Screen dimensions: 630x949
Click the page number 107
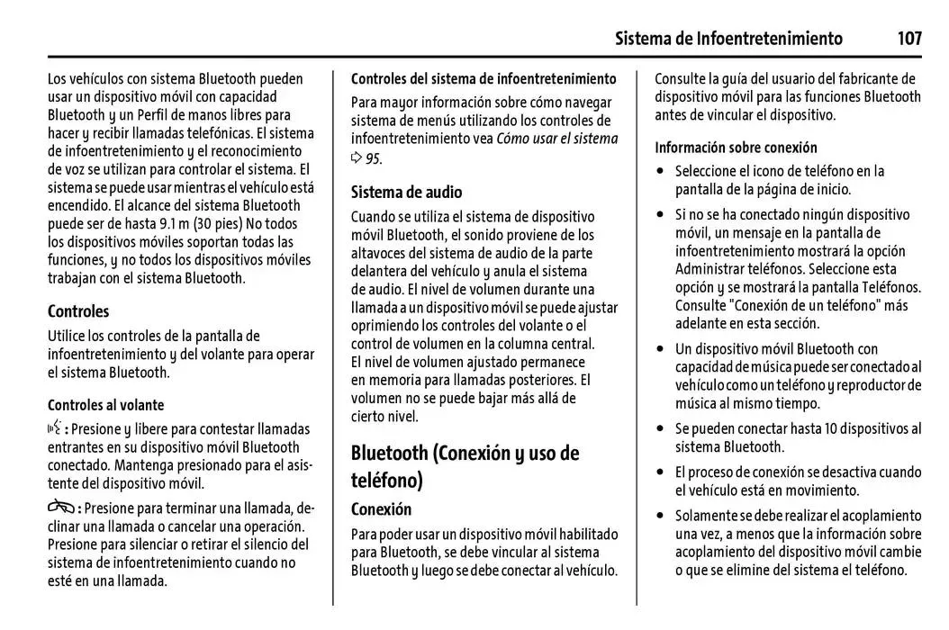click(909, 39)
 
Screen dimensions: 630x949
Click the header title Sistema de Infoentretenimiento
click(728, 39)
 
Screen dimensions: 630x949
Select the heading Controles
click(78, 311)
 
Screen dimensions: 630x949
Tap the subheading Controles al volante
click(105, 405)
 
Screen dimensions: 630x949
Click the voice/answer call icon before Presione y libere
click(56, 428)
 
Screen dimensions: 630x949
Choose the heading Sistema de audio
click(406, 192)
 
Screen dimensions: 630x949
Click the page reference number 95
click(373, 158)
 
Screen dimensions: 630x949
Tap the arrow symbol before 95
click(357, 158)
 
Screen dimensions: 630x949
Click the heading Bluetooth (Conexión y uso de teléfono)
click(464, 465)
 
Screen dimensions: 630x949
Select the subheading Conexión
click(381, 509)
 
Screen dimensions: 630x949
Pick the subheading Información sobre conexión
click(736, 148)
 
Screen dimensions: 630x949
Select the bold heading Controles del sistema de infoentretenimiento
click(484, 79)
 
